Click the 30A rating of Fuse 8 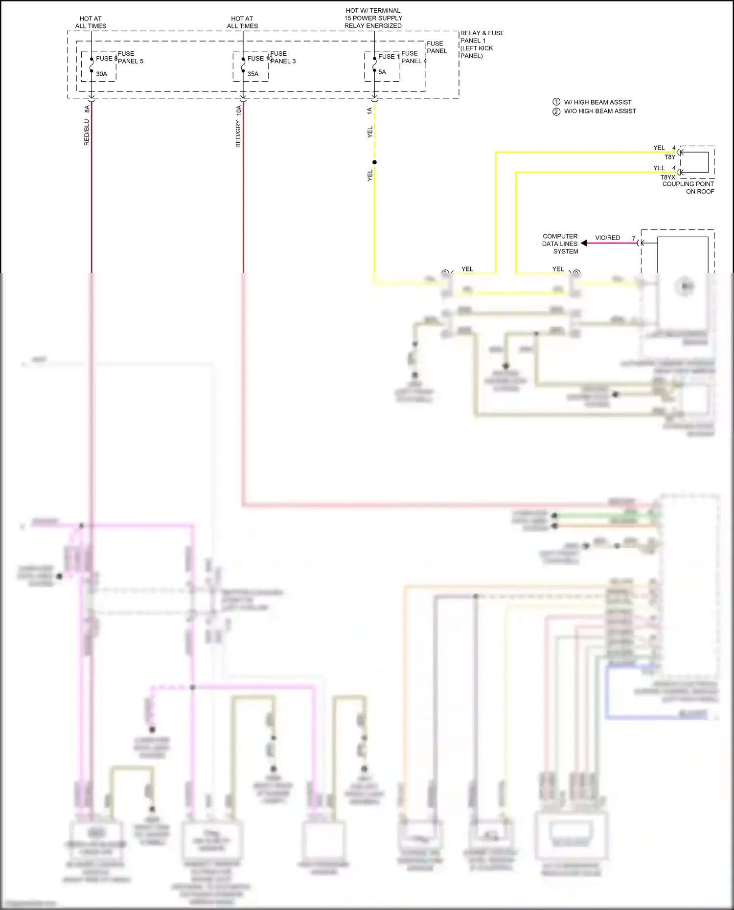101,74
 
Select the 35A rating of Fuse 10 253,74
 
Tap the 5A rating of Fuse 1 382,72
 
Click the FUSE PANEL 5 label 130,57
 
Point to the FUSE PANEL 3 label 283,57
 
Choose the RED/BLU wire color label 87,132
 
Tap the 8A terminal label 87,109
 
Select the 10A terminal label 239,110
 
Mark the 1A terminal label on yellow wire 369,111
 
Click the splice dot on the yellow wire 374,162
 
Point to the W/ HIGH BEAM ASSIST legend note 597,102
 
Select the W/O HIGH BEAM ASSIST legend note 599,111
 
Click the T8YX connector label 667,178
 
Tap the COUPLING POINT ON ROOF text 688,188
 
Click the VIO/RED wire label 607,238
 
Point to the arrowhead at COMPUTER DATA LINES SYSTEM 584,243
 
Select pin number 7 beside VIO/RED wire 633,239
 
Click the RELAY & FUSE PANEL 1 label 482,44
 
